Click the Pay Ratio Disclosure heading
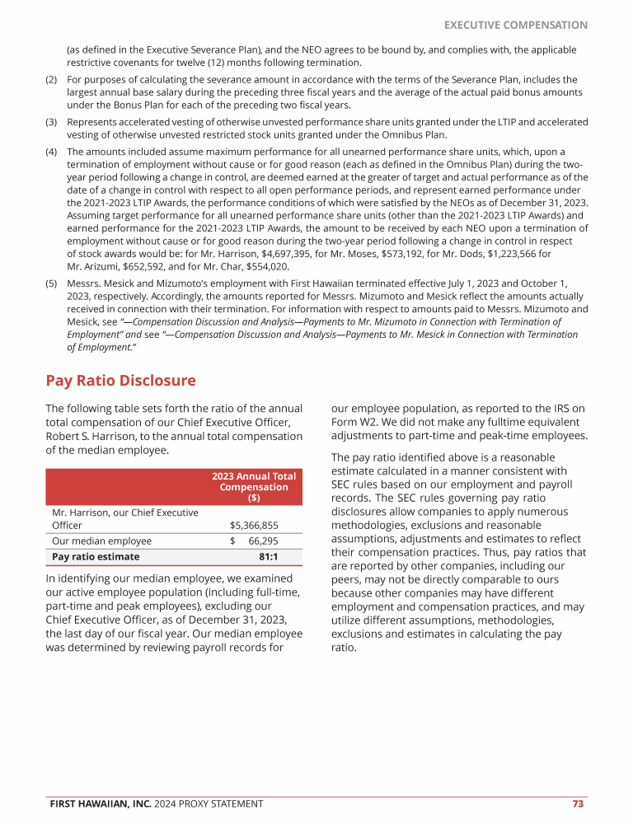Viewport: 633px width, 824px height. tap(120, 381)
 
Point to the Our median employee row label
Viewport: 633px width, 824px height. tap(101, 541)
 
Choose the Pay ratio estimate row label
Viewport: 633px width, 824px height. tap(96, 556)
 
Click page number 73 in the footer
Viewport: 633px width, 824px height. tap(578, 803)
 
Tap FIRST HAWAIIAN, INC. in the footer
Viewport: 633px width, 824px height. tap(97, 803)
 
